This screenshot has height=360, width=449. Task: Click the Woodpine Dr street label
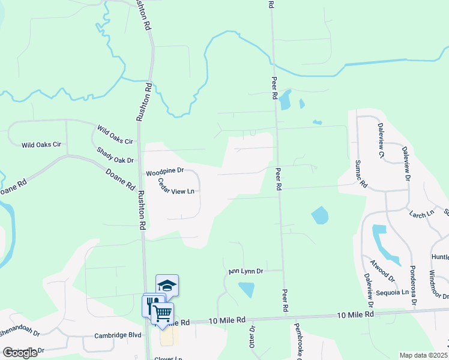(x=164, y=172)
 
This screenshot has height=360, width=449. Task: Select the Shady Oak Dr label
(x=114, y=156)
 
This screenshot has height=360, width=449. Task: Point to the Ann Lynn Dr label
(x=246, y=272)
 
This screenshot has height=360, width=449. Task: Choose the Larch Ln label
(x=421, y=214)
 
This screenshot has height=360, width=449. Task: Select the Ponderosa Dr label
(x=412, y=285)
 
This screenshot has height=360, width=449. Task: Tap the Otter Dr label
(x=253, y=336)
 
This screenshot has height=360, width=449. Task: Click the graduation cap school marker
(x=167, y=285)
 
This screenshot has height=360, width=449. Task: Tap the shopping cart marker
(x=162, y=312)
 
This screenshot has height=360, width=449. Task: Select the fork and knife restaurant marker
(x=151, y=304)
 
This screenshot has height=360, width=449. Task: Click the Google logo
(x=20, y=352)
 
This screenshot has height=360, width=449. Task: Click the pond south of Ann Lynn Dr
(x=246, y=290)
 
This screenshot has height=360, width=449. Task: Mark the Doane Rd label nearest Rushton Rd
(x=120, y=178)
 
